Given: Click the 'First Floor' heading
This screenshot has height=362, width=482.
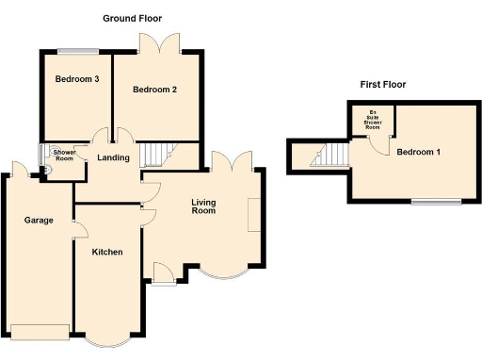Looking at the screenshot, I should click(x=382, y=85).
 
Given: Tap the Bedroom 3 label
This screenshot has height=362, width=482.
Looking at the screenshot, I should click(x=76, y=79).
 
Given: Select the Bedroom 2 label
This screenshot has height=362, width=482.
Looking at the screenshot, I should click(x=154, y=90).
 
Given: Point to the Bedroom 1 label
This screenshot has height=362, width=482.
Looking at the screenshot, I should click(x=418, y=152).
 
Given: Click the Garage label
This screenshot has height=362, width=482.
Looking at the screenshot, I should click(x=39, y=220).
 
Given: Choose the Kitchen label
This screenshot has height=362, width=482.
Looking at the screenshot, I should click(x=108, y=252).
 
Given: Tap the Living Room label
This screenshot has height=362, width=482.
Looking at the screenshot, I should click(x=203, y=206).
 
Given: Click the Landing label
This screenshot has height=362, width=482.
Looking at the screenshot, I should click(x=113, y=157).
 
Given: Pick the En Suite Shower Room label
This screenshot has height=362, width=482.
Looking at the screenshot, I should click(x=373, y=121).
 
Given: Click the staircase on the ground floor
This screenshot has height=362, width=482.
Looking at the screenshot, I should click(x=155, y=154).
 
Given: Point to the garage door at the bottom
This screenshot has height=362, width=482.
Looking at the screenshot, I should click(x=40, y=330).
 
